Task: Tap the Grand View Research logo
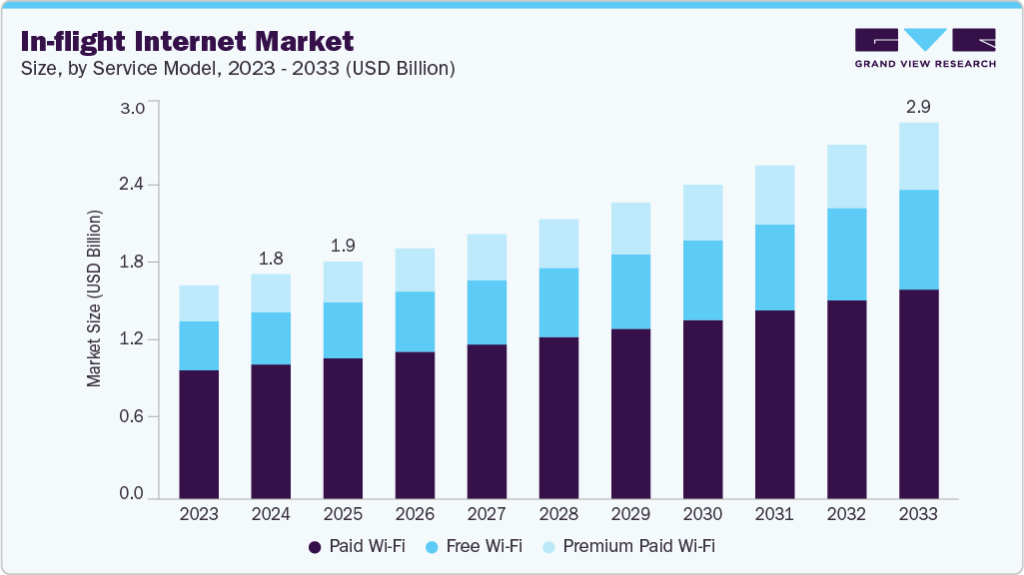click(924, 47)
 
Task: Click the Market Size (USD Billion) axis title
click(94, 298)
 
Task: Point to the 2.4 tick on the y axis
click(133, 185)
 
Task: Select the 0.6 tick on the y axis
click(133, 416)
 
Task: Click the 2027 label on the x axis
click(487, 515)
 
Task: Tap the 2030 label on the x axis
click(702, 515)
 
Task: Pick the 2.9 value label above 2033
click(918, 106)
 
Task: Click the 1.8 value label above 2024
click(271, 258)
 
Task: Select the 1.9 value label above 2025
click(343, 246)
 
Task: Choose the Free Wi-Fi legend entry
click(474, 546)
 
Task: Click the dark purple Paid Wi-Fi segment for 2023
click(199, 433)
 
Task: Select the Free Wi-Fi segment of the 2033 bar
click(918, 240)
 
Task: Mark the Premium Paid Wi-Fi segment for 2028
click(558, 244)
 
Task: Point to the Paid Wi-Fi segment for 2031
click(774, 403)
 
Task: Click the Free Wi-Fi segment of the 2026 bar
click(415, 321)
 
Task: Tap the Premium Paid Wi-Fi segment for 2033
click(918, 156)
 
